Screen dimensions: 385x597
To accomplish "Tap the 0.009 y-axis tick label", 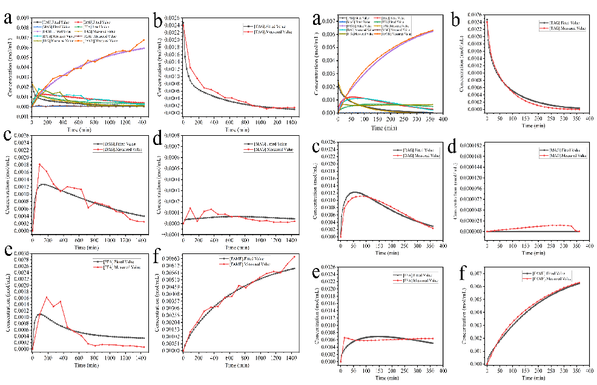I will click(18, 19).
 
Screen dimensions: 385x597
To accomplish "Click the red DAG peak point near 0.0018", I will click(40, 164).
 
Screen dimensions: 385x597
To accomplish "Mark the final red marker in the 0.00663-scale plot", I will click(295, 256).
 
